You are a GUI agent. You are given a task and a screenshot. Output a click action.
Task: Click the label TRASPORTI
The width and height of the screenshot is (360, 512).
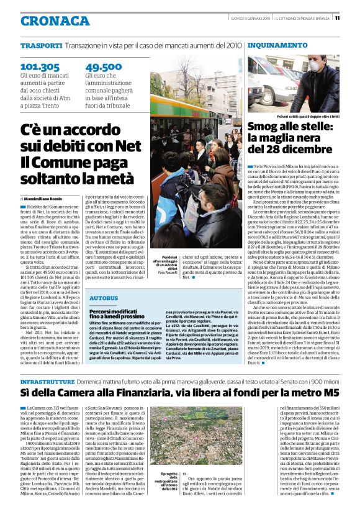[41, 46]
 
